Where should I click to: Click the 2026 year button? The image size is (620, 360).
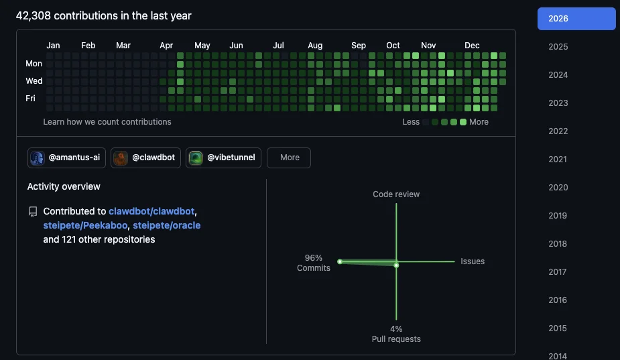click(x=576, y=19)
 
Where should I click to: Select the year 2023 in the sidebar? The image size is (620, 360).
click(x=558, y=103)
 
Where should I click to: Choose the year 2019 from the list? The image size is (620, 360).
click(x=558, y=216)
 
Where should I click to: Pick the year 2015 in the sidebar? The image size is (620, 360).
click(x=558, y=328)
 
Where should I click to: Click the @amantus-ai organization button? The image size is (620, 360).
click(x=66, y=158)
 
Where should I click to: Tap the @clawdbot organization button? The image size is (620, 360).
click(x=145, y=158)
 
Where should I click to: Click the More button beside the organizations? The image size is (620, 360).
click(x=289, y=158)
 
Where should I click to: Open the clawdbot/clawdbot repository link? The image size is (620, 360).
click(x=151, y=211)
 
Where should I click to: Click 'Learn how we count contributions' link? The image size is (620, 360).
click(x=107, y=122)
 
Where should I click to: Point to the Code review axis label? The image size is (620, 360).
click(x=396, y=194)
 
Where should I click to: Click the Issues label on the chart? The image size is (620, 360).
click(x=472, y=261)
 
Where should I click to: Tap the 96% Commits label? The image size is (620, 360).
click(x=314, y=263)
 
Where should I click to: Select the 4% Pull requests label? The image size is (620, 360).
click(x=396, y=334)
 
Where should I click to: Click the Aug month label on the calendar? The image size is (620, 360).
click(x=315, y=46)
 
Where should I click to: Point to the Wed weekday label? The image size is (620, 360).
click(x=34, y=81)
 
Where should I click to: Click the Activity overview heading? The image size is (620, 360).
click(x=64, y=186)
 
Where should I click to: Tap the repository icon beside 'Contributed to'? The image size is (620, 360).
click(x=33, y=211)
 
